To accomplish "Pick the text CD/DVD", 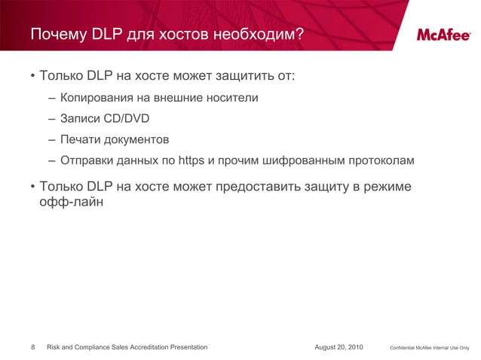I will [126, 119].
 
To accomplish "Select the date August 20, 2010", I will [339, 347].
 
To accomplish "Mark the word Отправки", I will [87, 161].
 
